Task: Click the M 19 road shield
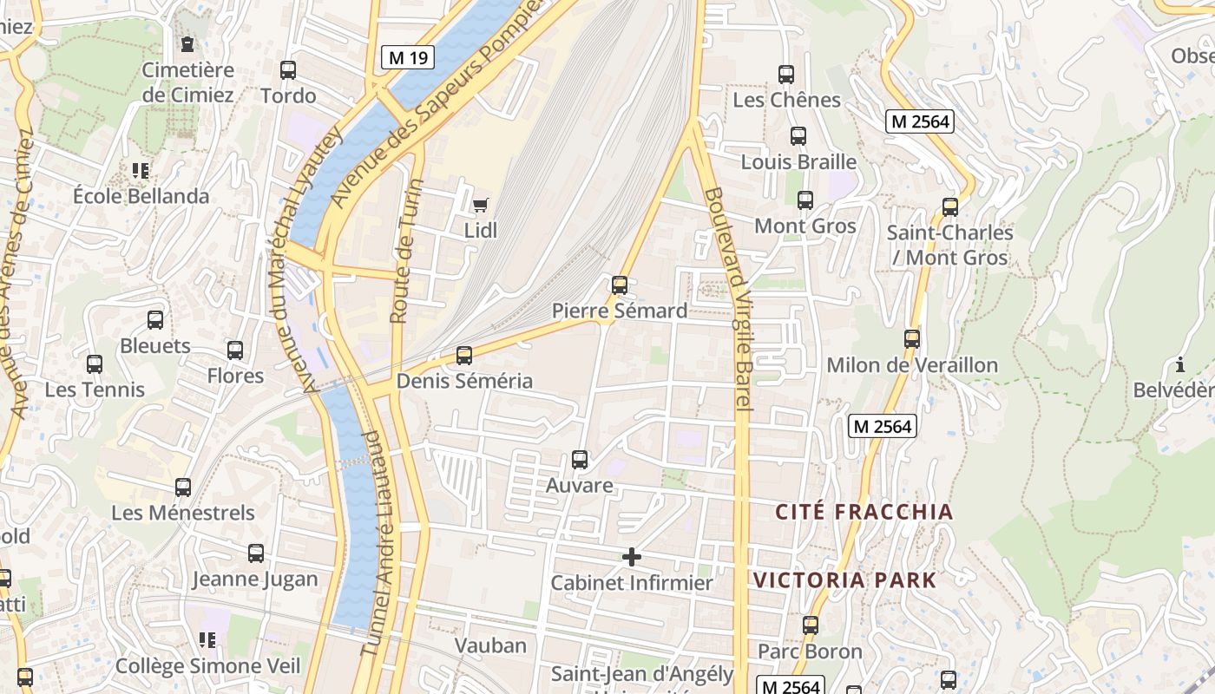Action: [407, 58]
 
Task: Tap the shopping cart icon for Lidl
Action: [480, 206]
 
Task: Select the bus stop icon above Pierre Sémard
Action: [620, 285]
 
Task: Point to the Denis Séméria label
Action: [464, 381]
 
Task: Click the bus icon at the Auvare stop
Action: [580, 460]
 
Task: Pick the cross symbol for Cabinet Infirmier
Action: [632, 557]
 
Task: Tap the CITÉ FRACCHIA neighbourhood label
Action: [864, 512]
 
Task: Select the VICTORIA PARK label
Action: [844, 580]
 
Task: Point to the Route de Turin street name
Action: [406, 252]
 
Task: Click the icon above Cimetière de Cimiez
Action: [187, 43]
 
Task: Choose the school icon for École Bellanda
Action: [141, 171]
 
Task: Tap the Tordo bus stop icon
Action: [288, 70]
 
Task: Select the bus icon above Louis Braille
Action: [798, 136]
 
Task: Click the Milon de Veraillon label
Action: [911, 365]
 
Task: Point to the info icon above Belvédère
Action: [1179, 364]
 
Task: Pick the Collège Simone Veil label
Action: [207, 666]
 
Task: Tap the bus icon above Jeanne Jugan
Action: [256, 553]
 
